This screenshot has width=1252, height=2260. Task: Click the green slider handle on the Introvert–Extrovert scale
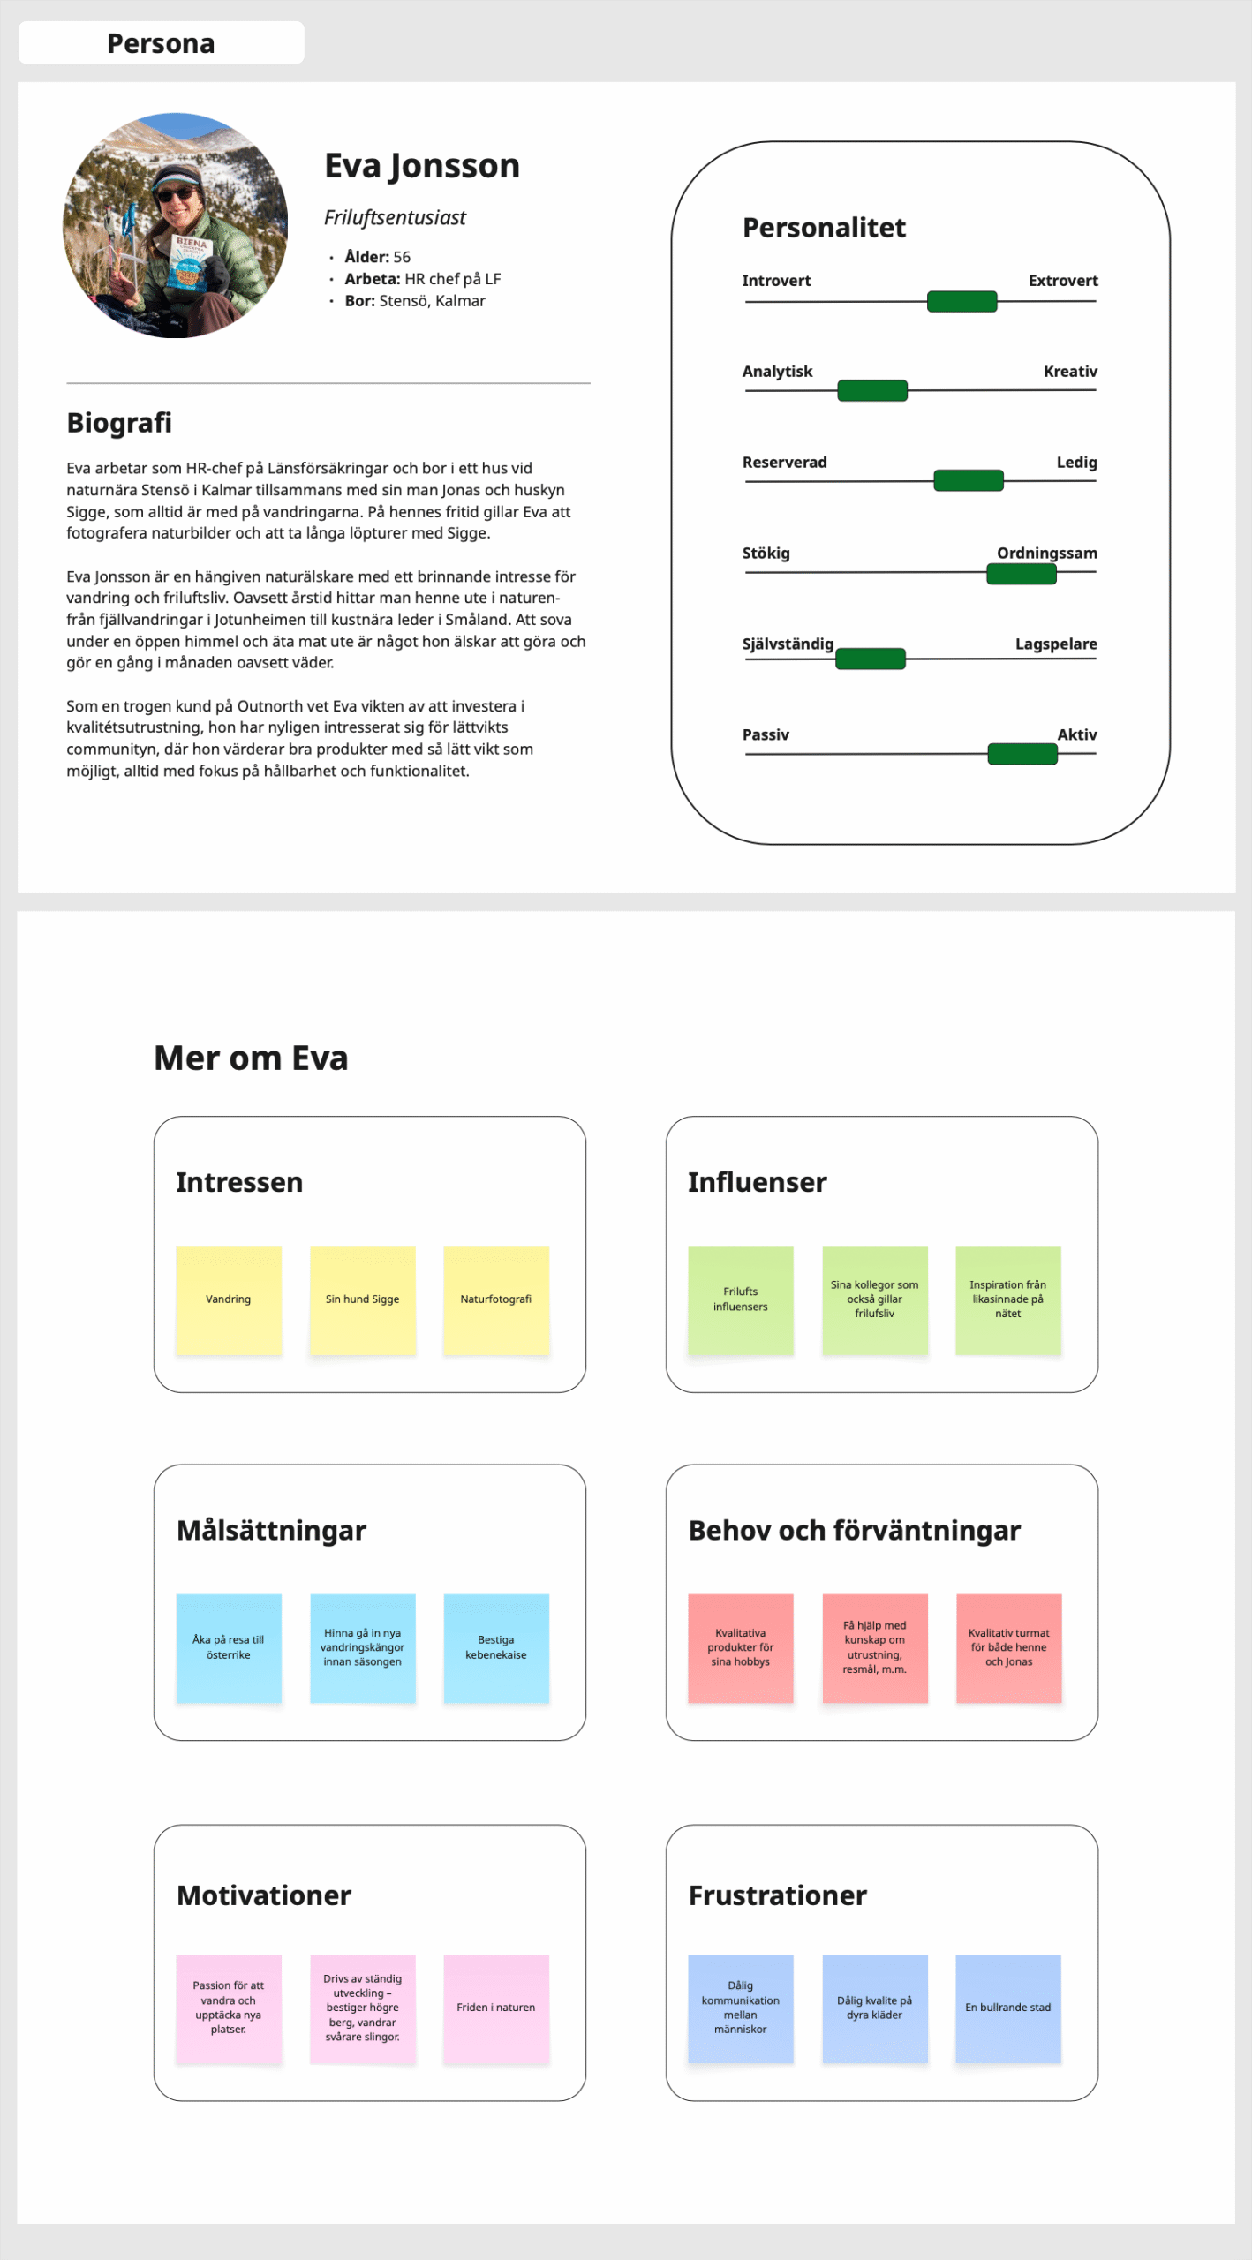click(x=962, y=302)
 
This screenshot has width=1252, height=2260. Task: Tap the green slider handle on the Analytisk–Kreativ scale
click(x=872, y=390)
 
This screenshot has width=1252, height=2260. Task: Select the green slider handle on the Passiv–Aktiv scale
click(x=1022, y=754)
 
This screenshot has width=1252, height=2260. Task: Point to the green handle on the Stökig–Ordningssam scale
click(x=1022, y=574)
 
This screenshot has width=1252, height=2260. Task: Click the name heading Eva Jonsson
click(x=422, y=166)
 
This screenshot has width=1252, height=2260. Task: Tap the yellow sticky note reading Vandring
click(x=229, y=1299)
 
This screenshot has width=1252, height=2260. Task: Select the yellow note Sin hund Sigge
click(x=363, y=1299)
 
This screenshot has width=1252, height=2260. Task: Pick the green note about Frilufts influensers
click(x=741, y=1299)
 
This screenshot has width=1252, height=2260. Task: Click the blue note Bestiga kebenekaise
click(x=496, y=1648)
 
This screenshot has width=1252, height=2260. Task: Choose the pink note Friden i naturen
click(x=496, y=2008)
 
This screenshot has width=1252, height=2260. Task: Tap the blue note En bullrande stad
click(x=1008, y=2008)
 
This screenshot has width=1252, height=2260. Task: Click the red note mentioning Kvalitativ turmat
click(x=1008, y=1648)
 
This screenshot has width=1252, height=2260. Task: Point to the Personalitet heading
click(x=824, y=228)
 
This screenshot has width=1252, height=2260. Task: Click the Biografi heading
click(x=119, y=423)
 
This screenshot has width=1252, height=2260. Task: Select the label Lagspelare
click(x=1056, y=644)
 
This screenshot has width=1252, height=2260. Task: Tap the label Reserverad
click(x=784, y=462)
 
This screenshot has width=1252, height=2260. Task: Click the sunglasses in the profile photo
click(x=175, y=192)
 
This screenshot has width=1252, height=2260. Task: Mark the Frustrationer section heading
click(x=778, y=1895)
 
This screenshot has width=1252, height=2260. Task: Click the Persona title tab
click(x=161, y=43)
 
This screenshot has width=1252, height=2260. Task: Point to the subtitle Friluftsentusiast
click(x=395, y=218)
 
